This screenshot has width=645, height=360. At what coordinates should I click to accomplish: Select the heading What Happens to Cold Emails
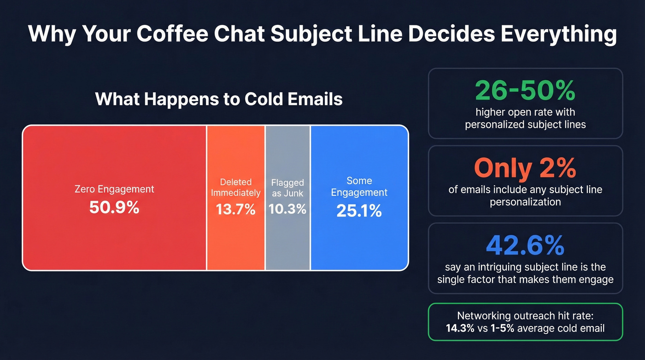[x=219, y=99]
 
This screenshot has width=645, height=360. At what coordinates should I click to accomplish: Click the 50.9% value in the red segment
[x=114, y=207]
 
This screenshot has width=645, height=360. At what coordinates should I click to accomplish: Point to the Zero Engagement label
[x=114, y=189]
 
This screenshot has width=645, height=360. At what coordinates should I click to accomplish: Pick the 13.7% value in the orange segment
[x=235, y=210]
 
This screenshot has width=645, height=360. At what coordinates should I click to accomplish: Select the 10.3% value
[x=287, y=209]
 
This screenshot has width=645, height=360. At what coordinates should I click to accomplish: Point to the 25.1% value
[x=359, y=211]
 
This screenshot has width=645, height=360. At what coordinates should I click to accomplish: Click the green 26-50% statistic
[x=525, y=91]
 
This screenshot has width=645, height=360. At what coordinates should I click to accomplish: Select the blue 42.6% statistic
[x=525, y=246]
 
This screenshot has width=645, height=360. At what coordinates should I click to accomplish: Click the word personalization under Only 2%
[x=525, y=202]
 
